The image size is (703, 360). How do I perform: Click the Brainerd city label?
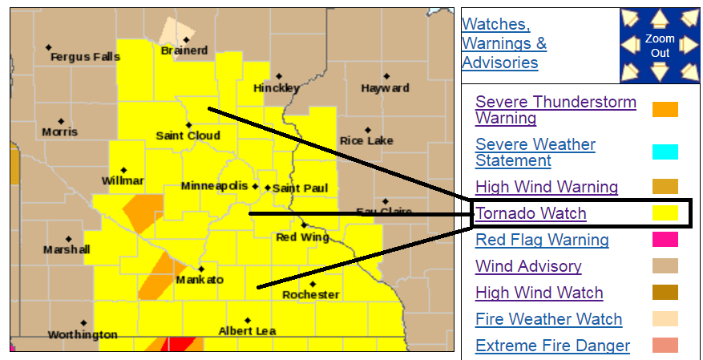pyautogui.click(x=184, y=51)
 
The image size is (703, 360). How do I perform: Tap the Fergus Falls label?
pyautogui.click(x=85, y=57)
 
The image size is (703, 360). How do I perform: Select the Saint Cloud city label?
pyautogui.click(x=188, y=136)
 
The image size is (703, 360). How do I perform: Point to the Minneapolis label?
pyautogui.click(x=214, y=186)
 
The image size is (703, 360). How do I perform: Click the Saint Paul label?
pyautogui.click(x=300, y=188)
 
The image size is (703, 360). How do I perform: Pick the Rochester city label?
pyautogui.click(x=310, y=295)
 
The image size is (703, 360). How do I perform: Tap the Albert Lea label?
pyautogui.click(x=247, y=330)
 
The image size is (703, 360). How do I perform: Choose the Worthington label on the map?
pyautogui.click(x=82, y=334)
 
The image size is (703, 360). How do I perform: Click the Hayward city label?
pyautogui.click(x=385, y=88)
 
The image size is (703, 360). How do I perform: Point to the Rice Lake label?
pyautogui.click(x=366, y=141)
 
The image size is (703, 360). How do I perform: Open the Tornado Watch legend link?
pyautogui.click(x=531, y=213)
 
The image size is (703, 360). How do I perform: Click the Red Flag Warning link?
pyautogui.click(x=542, y=240)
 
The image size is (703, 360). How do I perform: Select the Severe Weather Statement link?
pyautogui.click(x=535, y=152)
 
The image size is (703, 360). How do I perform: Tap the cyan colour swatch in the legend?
pyautogui.click(x=665, y=152)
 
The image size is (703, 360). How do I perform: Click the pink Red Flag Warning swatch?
pyautogui.click(x=665, y=240)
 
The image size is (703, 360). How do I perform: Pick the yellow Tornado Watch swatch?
pyautogui.click(x=665, y=213)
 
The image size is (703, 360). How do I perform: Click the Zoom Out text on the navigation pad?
pyautogui.click(x=660, y=46)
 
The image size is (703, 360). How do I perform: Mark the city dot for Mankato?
pyautogui.click(x=201, y=269)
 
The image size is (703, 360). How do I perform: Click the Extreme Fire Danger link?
pyautogui.click(x=552, y=346)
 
